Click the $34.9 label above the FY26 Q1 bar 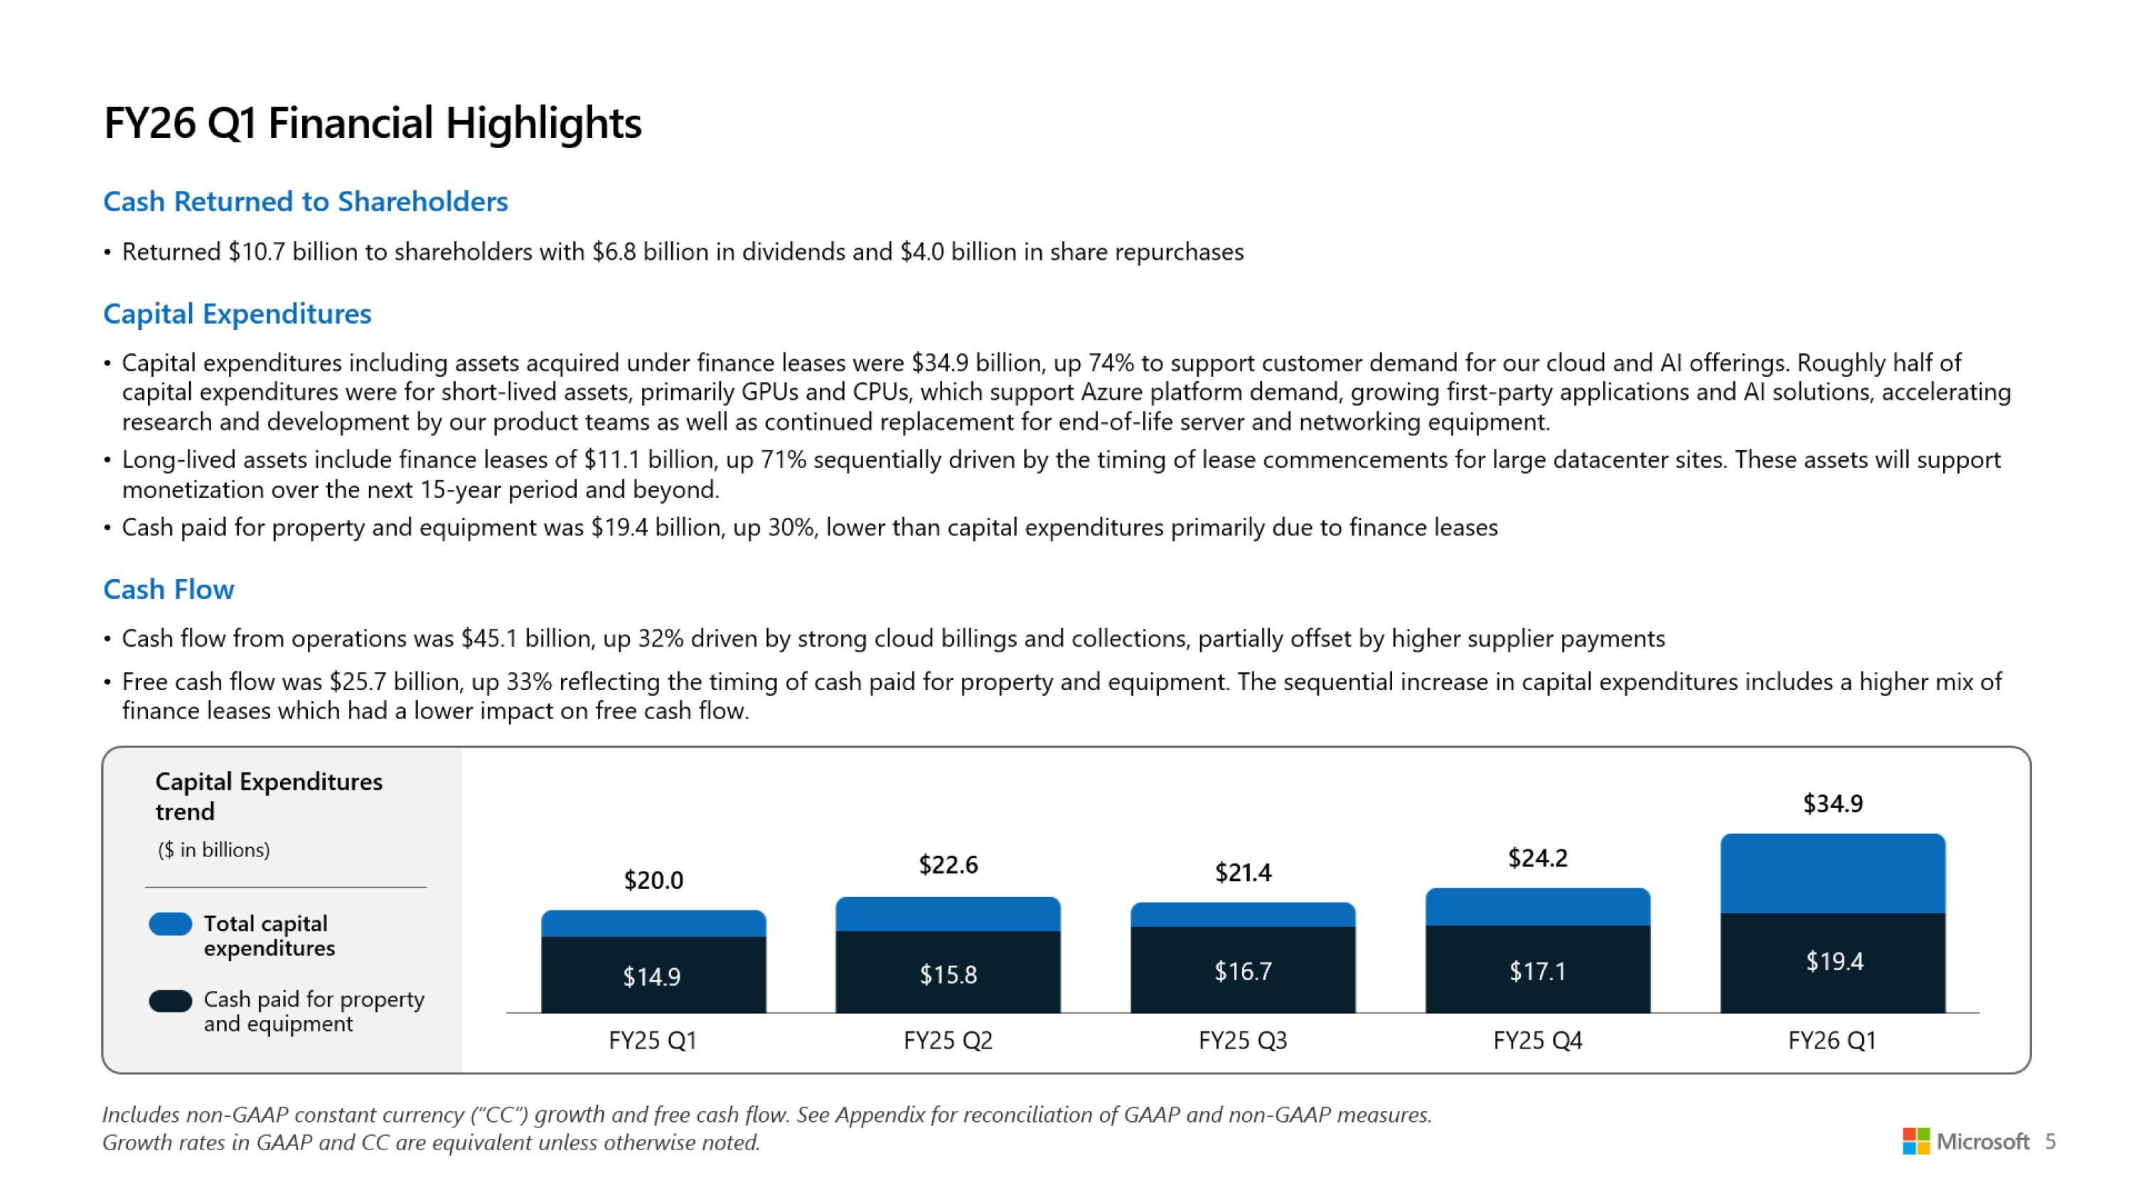[1832, 803]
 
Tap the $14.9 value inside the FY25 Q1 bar [652, 977]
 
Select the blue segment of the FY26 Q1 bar [1832, 874]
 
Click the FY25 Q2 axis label [948, 1040]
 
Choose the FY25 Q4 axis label [1538, 1040]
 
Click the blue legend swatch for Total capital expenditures [171, 924]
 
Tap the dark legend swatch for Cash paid [171, 1000]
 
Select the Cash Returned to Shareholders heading [305, 201]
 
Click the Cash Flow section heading [168, 589]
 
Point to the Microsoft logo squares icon [1915, 1141]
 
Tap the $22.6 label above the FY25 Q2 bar [948, 864]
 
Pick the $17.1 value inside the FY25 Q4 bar [1538, 971]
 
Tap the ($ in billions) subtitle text [213, 850]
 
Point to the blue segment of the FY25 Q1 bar [653, 923]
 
